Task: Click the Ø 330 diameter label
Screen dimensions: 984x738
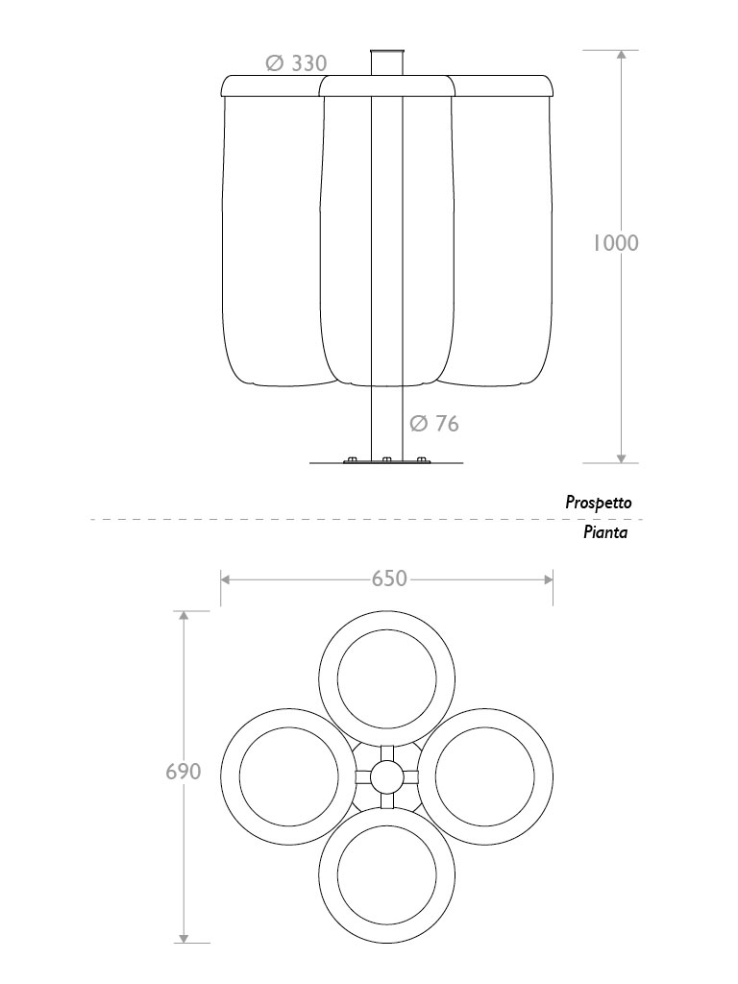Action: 297,63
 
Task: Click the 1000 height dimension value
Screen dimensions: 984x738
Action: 615,242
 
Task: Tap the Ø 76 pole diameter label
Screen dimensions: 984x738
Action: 434,423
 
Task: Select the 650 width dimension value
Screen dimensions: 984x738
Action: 389,578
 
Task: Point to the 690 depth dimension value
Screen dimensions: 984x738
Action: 183,771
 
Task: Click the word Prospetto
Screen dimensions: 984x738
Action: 598,502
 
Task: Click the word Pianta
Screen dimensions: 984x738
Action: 605,532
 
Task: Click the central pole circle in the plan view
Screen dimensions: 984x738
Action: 386,775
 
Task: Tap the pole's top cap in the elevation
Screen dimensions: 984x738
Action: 386,51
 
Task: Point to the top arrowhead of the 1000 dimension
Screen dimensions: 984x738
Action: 622,56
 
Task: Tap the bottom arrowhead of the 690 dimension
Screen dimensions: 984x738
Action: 183,937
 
